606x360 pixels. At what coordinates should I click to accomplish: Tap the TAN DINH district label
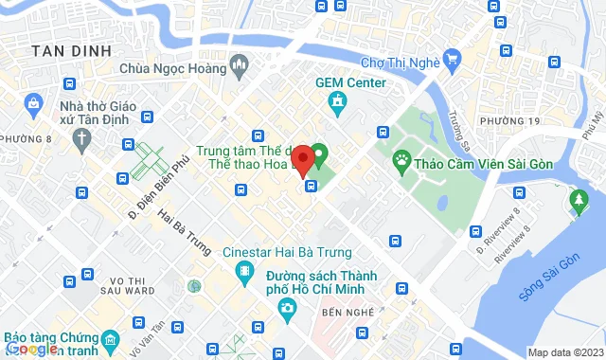tap(70, 50)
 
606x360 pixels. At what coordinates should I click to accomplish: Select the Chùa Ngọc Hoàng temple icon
tap(240, 67)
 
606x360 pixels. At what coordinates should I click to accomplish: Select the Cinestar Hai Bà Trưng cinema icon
tap(246, 274)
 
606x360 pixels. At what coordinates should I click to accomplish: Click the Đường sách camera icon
tap(286, 308)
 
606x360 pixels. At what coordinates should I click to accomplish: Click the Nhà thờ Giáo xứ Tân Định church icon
tap(82, 138)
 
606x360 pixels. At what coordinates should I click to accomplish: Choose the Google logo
tap(32, 349)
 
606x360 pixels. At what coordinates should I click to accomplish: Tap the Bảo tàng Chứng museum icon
tap(112, 339)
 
